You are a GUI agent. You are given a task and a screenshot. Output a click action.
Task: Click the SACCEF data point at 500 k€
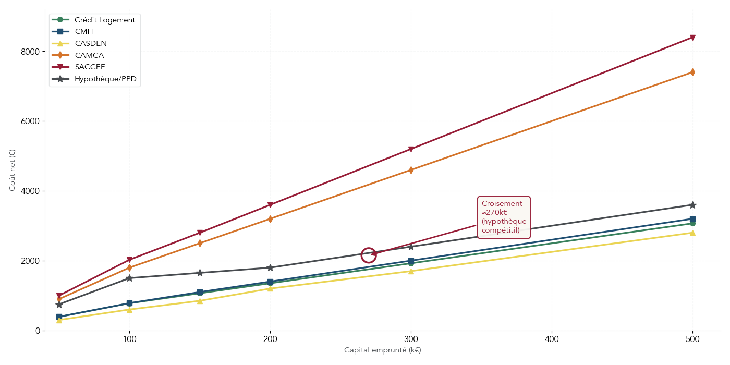coord(692,38)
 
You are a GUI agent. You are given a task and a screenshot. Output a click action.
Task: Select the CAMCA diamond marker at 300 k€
coord(411,170)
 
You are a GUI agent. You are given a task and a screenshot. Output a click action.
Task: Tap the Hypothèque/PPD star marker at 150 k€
coord(200,273)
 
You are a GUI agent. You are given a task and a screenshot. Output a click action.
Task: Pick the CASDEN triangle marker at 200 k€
coord(270,288)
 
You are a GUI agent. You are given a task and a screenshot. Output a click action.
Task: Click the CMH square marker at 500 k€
coord(692,219)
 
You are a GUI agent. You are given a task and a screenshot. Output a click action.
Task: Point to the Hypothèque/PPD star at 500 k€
coord(692,205)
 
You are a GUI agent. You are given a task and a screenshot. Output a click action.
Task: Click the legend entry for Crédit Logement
coord(104,20)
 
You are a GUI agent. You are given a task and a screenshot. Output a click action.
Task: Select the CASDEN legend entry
coord(91,43)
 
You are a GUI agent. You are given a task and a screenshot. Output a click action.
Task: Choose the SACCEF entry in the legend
coord(90,67)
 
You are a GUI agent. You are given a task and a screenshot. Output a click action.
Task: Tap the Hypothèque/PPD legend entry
coord(105,79)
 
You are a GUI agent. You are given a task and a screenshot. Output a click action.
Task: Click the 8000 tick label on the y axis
coord(30,52)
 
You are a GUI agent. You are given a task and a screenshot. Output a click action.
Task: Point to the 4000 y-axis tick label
coord(30,191)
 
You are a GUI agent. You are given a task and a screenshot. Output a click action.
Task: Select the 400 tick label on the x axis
coord(552,339)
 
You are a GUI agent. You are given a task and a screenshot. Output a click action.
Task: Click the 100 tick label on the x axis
coord(129,339)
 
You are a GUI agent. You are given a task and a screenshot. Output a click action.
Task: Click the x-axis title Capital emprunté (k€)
coord(382,350)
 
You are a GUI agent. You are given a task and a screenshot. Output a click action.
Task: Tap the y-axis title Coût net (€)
coord(13,170)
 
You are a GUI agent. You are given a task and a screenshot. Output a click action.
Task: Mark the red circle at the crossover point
coord(369,256)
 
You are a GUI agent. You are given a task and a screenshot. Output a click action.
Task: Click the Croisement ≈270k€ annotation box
coord(504,217)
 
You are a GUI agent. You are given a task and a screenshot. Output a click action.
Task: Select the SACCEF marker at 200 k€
coord(270,205)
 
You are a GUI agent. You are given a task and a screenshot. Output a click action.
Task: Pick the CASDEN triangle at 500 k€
coord(692,233)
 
